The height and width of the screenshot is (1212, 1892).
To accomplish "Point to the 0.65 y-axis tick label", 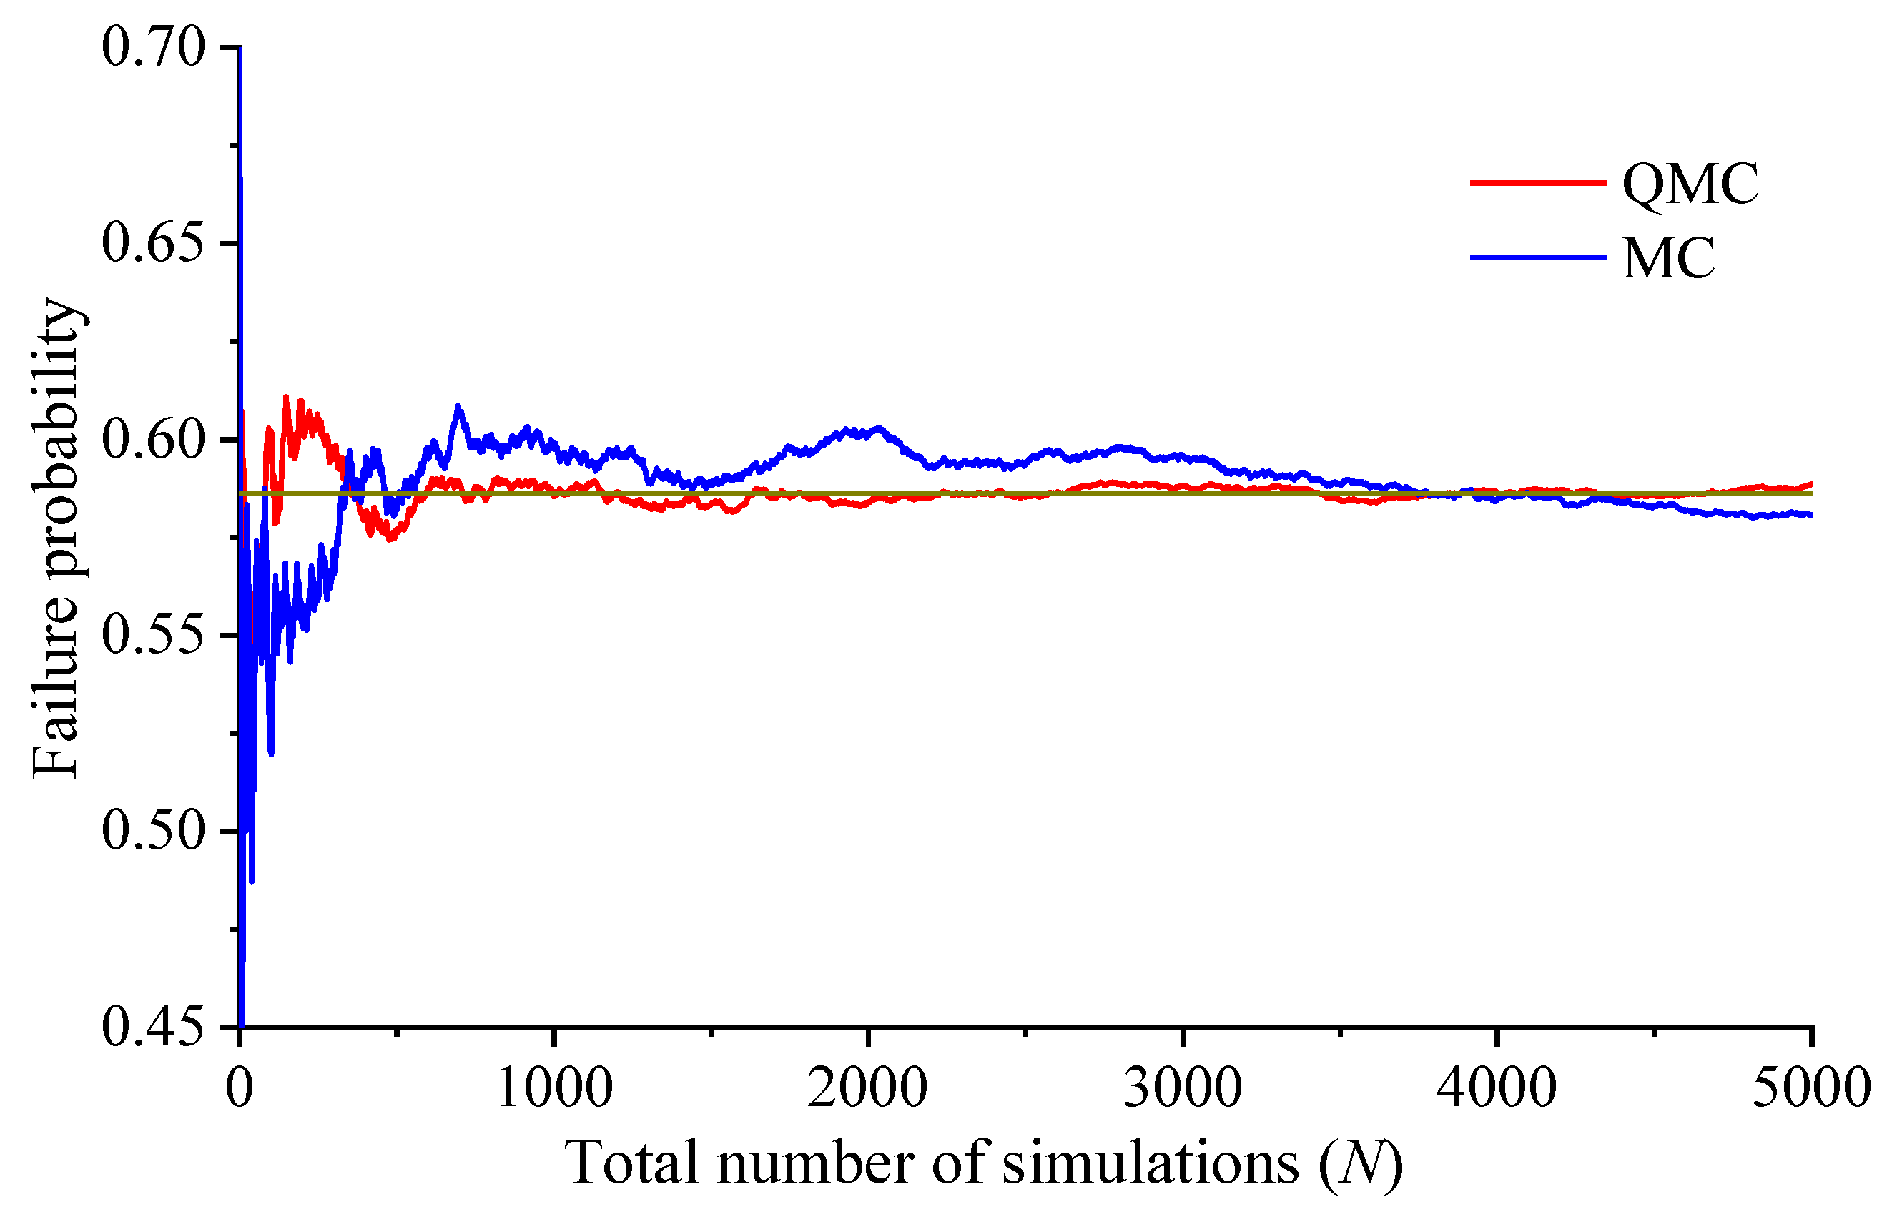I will pos(154,243).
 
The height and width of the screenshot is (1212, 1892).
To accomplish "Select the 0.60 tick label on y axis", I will pos(154,439).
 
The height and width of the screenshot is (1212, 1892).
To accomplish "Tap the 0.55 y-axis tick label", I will pos(154,635).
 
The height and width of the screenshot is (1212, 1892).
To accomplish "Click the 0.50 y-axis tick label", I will pos(154,831).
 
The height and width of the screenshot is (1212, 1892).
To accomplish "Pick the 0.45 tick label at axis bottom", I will pos(154,1027).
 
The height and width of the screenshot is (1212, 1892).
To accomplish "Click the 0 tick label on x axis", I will pos(240,1088).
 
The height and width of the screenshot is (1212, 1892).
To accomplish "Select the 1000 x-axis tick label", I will pos(555,1088).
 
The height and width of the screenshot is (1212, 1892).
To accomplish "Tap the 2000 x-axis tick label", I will pos(868,1088).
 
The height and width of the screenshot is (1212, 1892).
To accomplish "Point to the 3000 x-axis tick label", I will pos(1182,1088).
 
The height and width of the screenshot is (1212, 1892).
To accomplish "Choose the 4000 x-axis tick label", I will pos(1496,1088).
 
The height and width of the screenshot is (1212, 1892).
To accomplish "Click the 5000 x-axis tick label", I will pos(1811,1088).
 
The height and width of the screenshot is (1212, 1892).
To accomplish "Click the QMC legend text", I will pos(1690,184).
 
